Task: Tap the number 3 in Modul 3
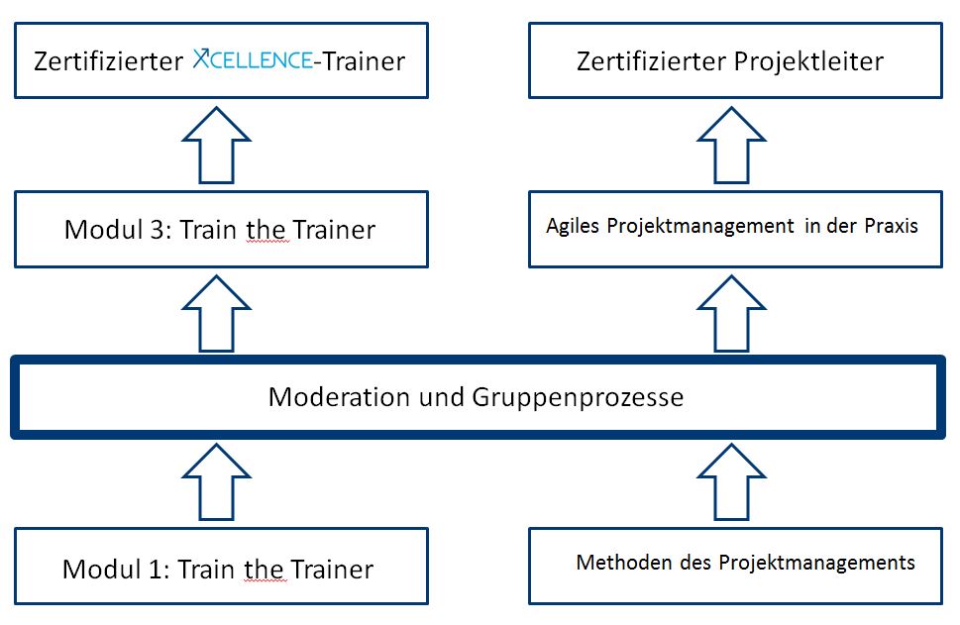point(155,230)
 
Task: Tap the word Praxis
point(893,226)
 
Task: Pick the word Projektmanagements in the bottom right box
point(816,563)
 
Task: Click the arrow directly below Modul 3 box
point(216,312)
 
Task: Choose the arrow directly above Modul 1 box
point(216,480)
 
